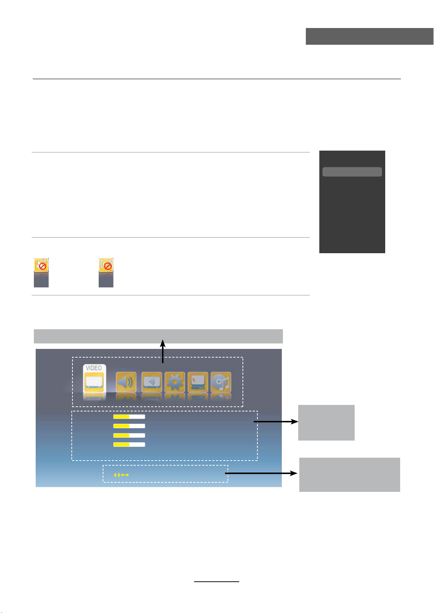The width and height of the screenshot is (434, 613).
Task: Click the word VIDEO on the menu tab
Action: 94,368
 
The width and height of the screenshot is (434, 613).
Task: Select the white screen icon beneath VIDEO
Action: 94,382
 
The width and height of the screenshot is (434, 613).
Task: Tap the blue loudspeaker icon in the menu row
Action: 126,382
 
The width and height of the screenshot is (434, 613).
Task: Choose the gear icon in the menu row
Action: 175,382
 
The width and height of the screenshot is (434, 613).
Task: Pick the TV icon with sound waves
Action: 151,382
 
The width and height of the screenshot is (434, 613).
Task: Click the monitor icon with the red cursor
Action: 198,382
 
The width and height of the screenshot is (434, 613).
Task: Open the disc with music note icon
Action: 221,382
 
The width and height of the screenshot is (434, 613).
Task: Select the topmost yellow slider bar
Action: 129,417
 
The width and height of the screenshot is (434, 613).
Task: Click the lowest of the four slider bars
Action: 129,444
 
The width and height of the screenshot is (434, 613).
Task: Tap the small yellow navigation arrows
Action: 121,475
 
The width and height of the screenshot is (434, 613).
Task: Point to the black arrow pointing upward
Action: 163,351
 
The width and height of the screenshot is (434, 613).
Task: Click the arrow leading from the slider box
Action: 276,422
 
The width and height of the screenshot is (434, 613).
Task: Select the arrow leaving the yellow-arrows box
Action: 261,473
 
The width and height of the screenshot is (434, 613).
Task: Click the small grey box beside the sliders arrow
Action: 326,422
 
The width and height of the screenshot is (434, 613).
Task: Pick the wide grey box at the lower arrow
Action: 350,474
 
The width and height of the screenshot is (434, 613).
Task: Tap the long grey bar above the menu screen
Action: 158,336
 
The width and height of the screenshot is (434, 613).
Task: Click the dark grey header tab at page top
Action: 369,36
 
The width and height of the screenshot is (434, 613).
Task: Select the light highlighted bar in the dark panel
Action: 352,172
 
